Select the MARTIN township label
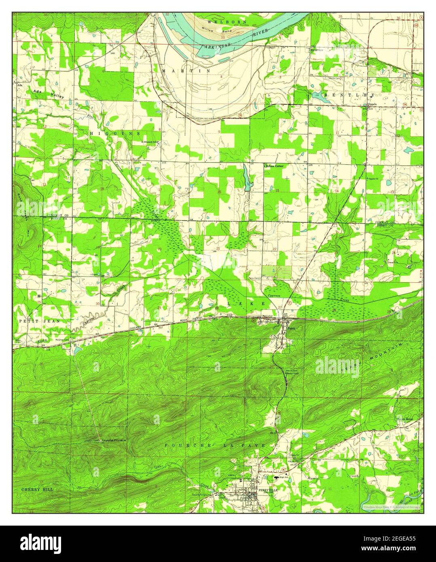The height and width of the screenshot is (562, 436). (186, 71)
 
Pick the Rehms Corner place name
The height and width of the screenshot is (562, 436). (274, 166)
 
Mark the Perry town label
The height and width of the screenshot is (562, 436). (290, 329)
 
